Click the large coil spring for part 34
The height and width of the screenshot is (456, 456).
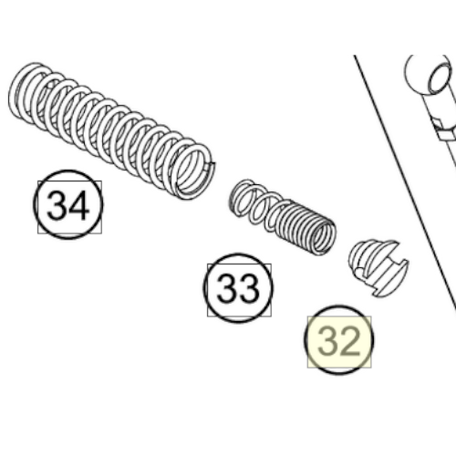[x=111, y=130]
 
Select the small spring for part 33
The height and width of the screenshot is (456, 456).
[x=283, y=217]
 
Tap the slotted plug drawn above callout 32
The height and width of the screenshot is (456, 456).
[x=378, y=268]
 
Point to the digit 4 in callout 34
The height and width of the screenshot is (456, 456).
[x=79, y=205]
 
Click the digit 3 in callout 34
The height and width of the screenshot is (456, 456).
[x=57, y=205]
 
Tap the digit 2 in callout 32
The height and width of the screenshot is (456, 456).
[x=349, y=341]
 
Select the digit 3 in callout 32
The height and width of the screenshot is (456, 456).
[x=327, y=341]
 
